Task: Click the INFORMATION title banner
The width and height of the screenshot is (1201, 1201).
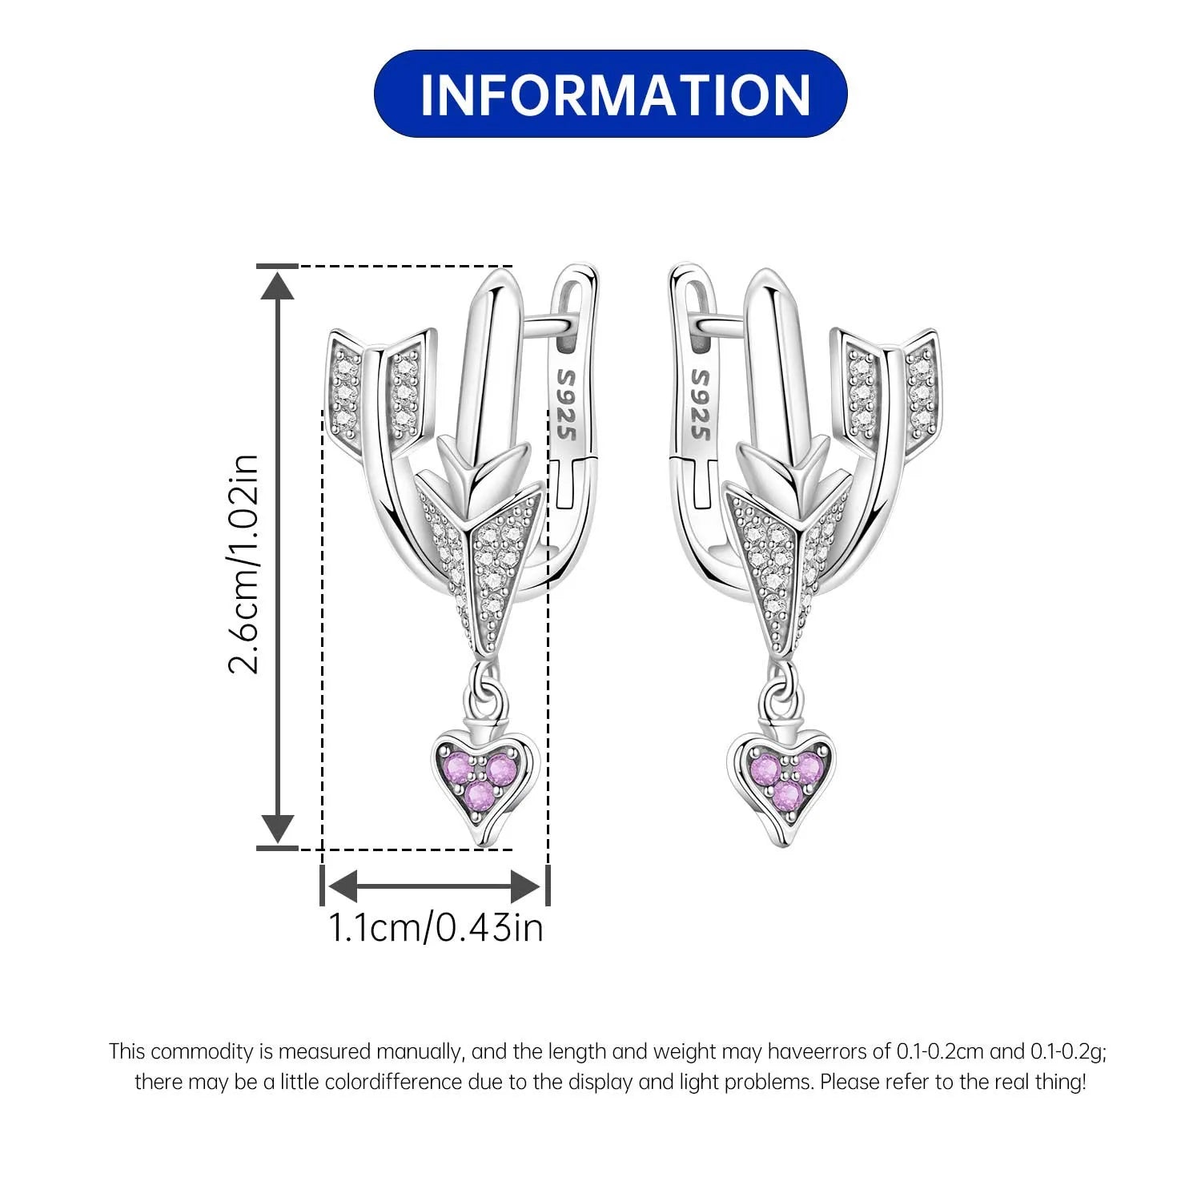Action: point(610,94)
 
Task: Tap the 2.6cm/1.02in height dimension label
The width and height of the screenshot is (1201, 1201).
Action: point(244,564)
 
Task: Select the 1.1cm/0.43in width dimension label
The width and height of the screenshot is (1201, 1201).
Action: point(436,927)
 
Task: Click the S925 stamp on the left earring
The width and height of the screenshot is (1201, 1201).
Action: point(567,404)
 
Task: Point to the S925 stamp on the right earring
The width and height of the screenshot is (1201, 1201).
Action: point(700,404)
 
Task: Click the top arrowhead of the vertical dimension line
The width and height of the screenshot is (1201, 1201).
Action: point(278,285)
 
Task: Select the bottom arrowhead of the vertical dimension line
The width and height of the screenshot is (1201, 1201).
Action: point(278,828)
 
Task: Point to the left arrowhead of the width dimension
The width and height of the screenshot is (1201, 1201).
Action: point(341,886)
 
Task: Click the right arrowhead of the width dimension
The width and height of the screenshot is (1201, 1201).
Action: point(526,886)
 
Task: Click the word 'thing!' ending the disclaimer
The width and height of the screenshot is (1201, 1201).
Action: point(1062,1082)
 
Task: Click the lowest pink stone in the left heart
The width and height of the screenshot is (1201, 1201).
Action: point(480,795)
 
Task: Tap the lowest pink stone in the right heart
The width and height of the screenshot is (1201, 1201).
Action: point(787,795)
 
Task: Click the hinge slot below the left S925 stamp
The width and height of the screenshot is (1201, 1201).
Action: point(575,480)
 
